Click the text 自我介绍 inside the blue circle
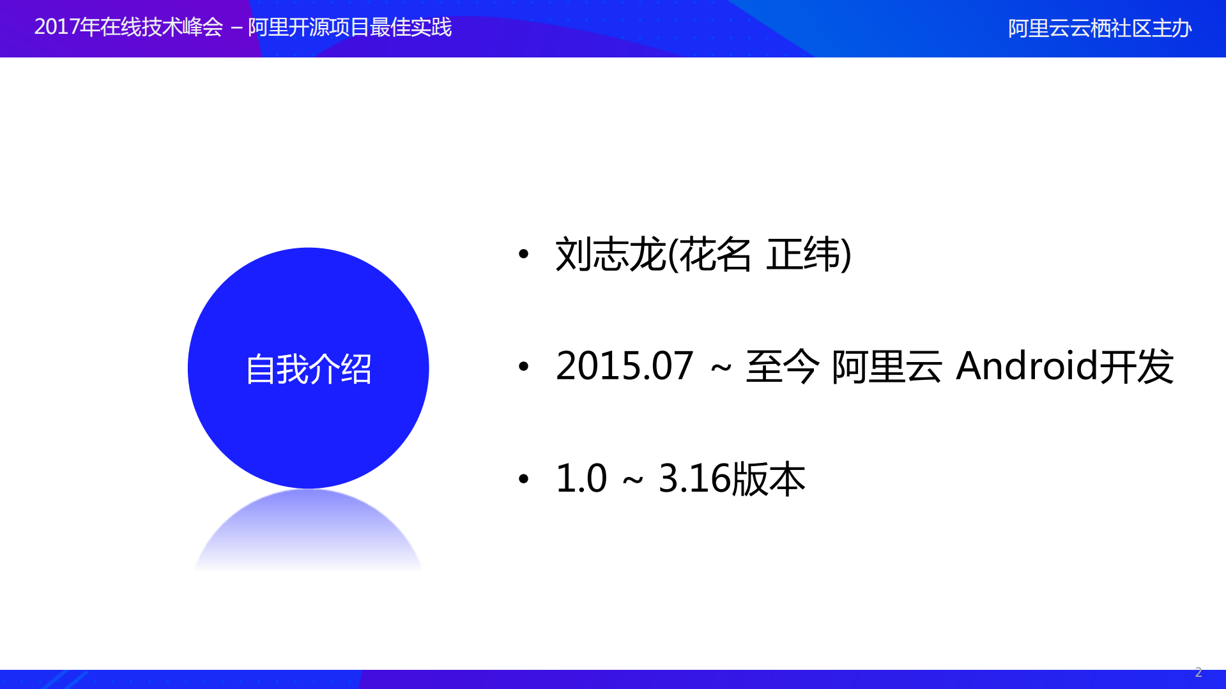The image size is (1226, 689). [309, 369]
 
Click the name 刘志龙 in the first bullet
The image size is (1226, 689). [610, 254]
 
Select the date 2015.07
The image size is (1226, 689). [624, 367]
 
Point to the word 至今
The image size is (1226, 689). [782, 367]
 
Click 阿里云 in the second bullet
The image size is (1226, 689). [887, 367]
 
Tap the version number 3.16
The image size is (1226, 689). [694, 478]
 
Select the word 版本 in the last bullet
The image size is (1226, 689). [769, 478]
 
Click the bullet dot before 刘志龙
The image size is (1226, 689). [524, 255]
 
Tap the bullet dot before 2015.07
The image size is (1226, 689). [524, 367]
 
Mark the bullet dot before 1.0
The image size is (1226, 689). [524, 478]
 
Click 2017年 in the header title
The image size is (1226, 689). [66, 27]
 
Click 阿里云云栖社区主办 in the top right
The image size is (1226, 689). [1100, 29]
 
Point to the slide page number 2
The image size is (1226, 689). [1199, 672]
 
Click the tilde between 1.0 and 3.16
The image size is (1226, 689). [632, 480]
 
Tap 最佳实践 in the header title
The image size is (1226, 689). [410, 27]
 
